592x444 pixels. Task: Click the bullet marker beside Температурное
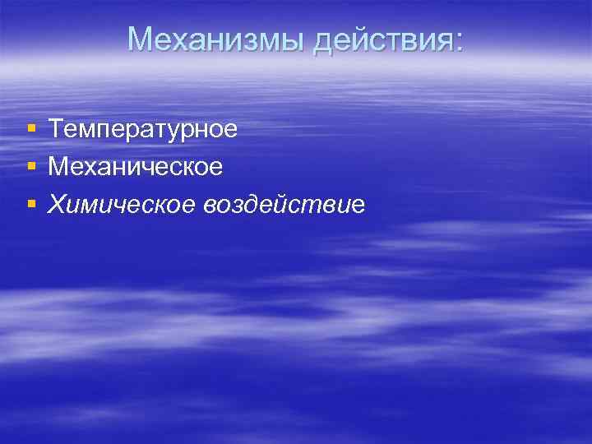pos(31,129)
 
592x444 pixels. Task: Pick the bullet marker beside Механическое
pos(31,167)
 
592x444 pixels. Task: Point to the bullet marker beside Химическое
pos(31,204)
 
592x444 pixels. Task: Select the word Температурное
pos(143,129)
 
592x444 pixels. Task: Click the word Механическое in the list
pos(136,167)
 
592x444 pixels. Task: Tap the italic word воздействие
pos(282,204)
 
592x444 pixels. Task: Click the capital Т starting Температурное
pos(56,128)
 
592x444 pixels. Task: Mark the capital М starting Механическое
pos(58,166)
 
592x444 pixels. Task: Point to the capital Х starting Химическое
pos(57,203)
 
